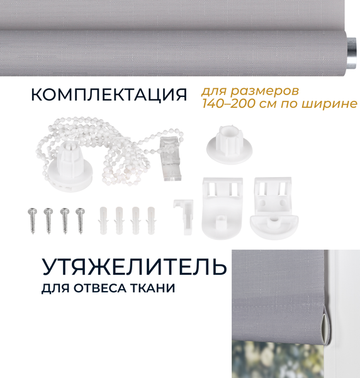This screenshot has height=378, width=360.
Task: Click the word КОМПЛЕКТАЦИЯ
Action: pyautogui.click(x=109, y=95)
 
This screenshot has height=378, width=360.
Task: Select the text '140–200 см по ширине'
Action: pyautogui.click(x=279, y=103)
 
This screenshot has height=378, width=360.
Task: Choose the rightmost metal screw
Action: pyautogui.click(x=80, y=221)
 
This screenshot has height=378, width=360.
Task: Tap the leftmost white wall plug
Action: pyautogui.click(x=103, y=218)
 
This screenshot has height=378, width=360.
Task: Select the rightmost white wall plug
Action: pyautogui.click(x=151, y=218)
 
